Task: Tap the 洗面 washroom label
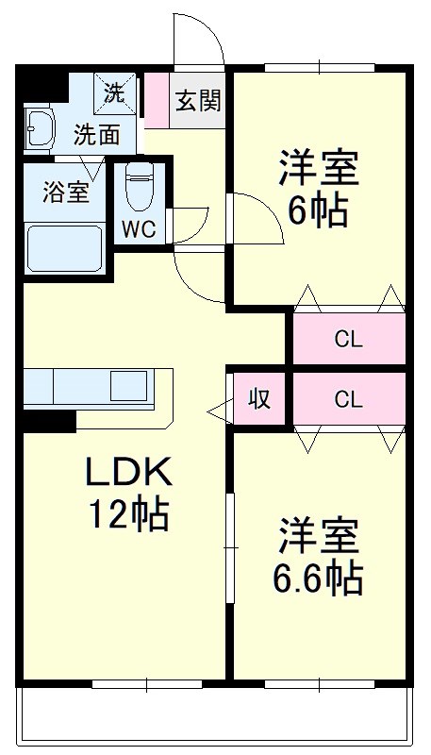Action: pyautogui.click(x=98, y=134)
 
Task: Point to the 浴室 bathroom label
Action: pyautogui.click(x=66, y=191)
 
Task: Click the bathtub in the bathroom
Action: pyautogui.click(x=64, y=249)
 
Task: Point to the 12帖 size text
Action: pyautogui.click(x=128, y=514)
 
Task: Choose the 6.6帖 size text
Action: pyautogui.click(x=319, y=578)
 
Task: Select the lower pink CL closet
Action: pyautogui.click(x=348, y=398)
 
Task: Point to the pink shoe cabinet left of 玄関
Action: pyautogui.click(x=155, y=99)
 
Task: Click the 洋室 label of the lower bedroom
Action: pyautogui.click(x=318, y=536)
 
